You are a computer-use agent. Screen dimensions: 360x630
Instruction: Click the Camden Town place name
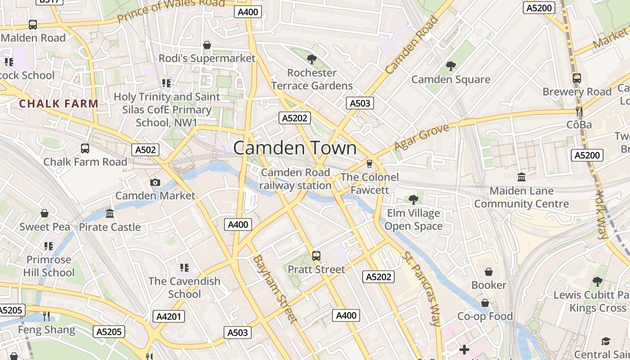pyautogui.click(x=295, y=148)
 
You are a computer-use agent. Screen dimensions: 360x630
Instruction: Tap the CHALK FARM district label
pyautogui.click(x=58, y=103)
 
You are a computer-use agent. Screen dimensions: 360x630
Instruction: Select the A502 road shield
pyautogui.click(x=145, y=150)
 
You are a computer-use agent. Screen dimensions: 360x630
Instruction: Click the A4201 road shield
pyautogui.click(x=169, y=316)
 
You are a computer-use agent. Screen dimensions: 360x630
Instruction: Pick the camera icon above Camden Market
pyautogui.click(x=155, y=182)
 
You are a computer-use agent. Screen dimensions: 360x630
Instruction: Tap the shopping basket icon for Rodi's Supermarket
pyautogui.click(x=207, y=45)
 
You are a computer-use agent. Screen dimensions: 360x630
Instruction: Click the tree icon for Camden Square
pyautogui.click(x=450, y=66)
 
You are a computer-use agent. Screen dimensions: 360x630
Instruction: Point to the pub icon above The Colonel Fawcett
pyautogui.click(x=369, y=163)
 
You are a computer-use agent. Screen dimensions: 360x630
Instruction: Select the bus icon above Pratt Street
pyautogui.click(x=316, y=256)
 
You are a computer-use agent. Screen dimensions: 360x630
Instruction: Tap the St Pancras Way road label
pyautogui.click(x=421, y=288)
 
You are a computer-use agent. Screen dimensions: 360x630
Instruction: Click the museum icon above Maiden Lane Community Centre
pyautogui.click(x=522, y=177)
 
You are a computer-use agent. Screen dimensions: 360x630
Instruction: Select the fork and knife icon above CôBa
pyautogui.click(x=579, y=111)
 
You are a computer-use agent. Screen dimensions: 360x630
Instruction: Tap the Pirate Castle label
pyautogui.click(x=110, y=227)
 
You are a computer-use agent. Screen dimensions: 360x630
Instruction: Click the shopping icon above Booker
pyautogui.click(x=489, y=272)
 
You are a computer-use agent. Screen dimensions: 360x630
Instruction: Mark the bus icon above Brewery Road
pyautogui.click(x=577, y=78)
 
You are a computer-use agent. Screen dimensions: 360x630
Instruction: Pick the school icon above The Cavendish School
pyautogui.click(x=184, y=268)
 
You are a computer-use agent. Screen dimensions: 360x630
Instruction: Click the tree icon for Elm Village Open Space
pyautogui.click(x=414, y=199)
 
